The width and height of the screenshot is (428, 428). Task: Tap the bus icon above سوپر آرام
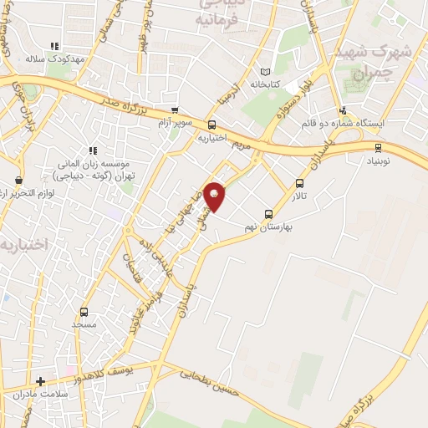174,110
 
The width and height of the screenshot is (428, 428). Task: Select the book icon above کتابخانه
266,72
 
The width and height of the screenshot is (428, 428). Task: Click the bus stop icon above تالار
300,184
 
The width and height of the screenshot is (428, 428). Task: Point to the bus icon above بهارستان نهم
269,213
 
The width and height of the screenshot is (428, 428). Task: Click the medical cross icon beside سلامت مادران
40,382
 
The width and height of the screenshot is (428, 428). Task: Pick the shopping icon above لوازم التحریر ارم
18,180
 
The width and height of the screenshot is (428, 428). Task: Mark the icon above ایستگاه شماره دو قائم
343,110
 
